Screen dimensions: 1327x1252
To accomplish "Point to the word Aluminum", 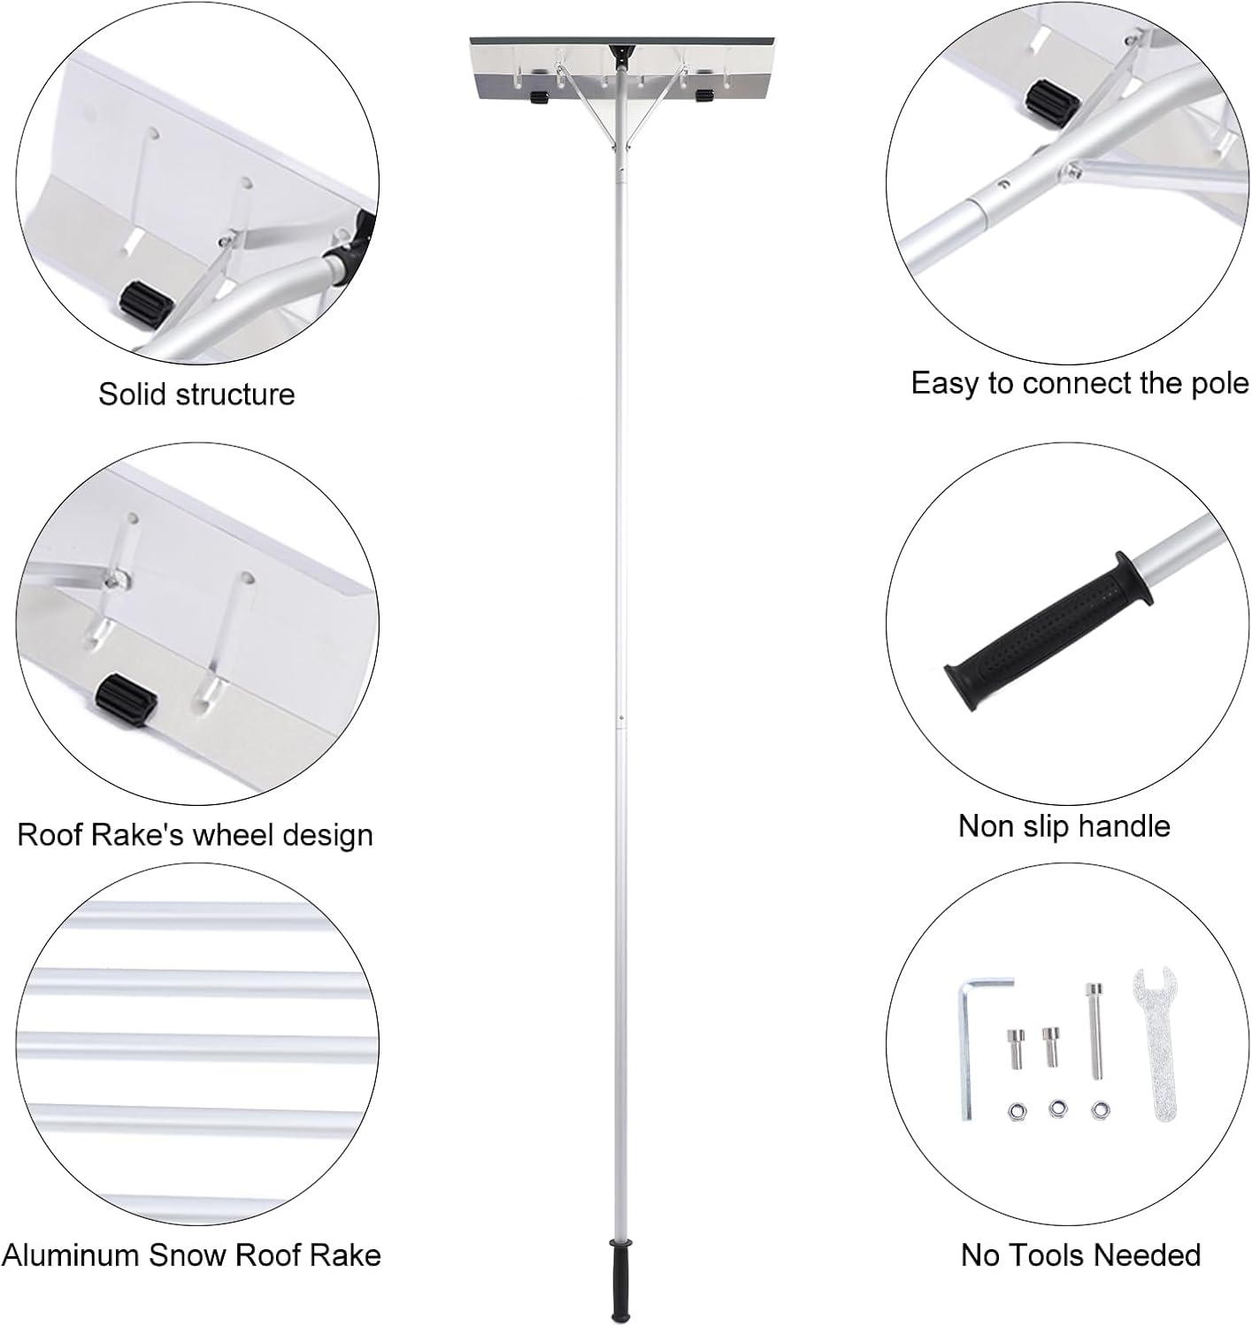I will (71, 1254).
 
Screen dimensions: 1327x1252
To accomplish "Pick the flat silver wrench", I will (1154, 1044).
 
